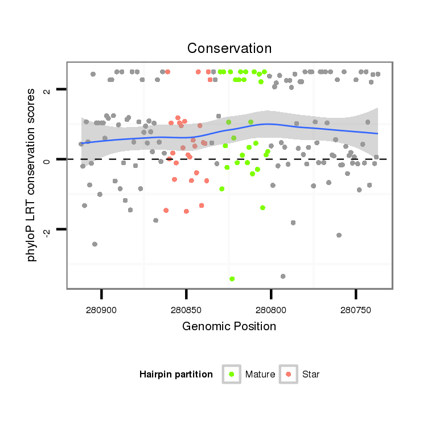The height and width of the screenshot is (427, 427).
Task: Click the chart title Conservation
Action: (229, 48)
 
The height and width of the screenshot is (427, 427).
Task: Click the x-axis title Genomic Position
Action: (229, 326)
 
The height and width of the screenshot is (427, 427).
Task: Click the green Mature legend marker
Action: (232, 374)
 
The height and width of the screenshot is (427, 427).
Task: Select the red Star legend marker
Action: (289, 374)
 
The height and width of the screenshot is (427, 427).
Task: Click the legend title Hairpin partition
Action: (176, 375)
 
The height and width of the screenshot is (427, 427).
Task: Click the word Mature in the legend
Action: (260, 375)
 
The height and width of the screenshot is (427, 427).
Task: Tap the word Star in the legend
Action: (311, 375)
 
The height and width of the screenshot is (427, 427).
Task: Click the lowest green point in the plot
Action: (232, 279)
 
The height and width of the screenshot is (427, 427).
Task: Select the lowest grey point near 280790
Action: (283, 276)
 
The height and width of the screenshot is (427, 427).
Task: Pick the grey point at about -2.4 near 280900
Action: (95, 244)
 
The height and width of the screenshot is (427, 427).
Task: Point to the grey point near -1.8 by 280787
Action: (293, 223)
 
